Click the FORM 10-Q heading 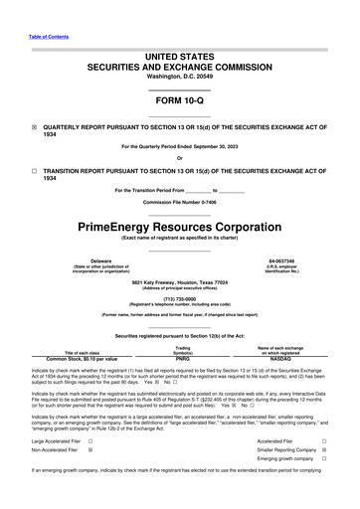point(179,102)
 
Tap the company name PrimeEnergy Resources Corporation point(179,227)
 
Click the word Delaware point(73,260)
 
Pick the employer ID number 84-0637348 point(286,260)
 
